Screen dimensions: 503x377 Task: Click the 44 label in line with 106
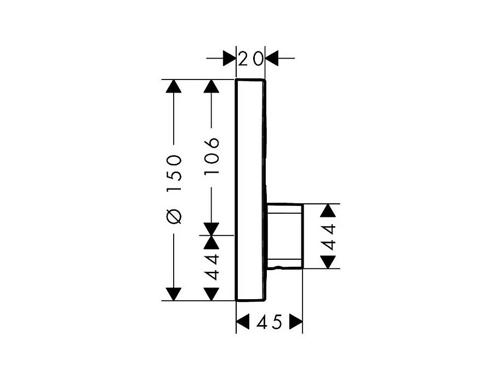(x=212, y=266)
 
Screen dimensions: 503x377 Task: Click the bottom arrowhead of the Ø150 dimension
(x=174, y=294)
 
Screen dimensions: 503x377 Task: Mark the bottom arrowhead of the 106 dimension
(x=212, y=229)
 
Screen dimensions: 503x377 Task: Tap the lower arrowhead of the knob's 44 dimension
(x=328, y=262)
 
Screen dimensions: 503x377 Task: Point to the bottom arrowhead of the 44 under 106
(x=212, y=294)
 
